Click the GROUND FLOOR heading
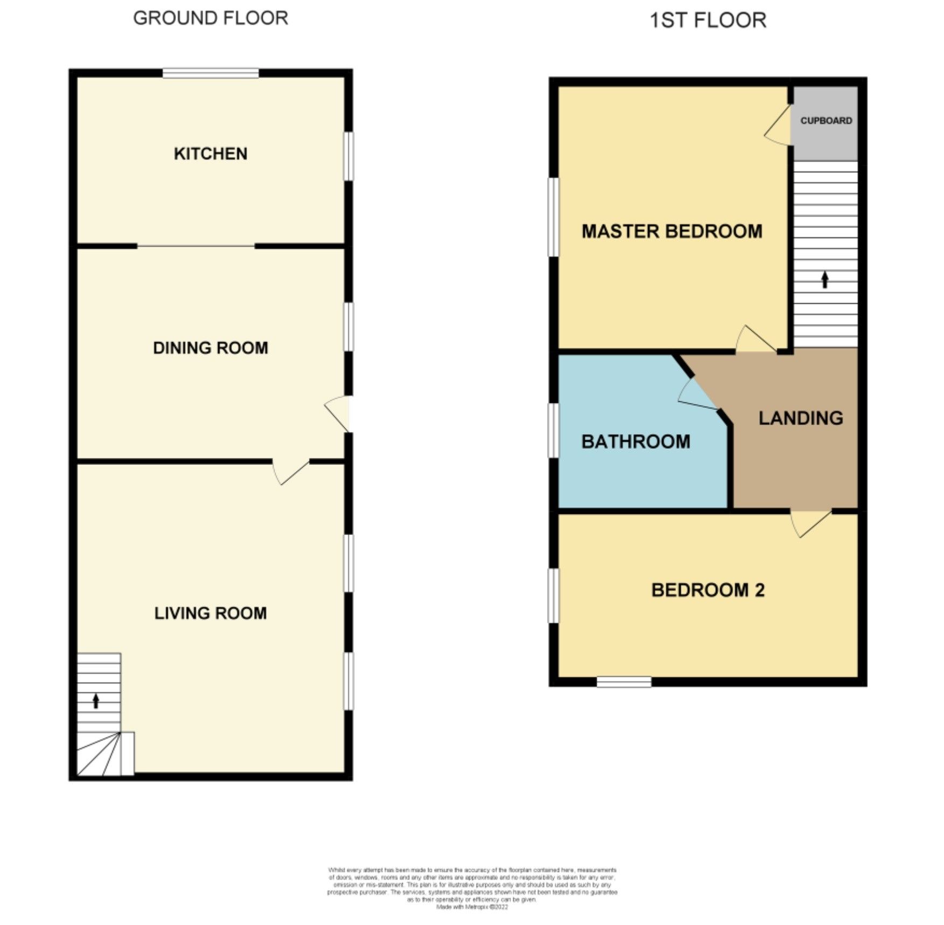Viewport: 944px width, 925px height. (211, 18)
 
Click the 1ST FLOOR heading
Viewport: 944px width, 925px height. (708, 20)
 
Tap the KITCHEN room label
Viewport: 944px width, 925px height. (211, 154)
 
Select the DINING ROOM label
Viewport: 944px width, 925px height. (211, 348)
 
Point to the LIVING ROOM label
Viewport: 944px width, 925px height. (211, 613)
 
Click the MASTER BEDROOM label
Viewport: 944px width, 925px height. (672, 232)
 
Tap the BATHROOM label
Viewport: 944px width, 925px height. (635, 442)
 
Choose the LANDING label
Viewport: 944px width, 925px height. (801, 418)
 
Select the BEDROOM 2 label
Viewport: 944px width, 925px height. (708, 590)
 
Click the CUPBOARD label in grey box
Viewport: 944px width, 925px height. (826, 121)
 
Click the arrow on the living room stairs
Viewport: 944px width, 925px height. (96, 701)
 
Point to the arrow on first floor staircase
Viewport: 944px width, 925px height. (825, 280)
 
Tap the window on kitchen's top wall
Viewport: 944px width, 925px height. (211, 73)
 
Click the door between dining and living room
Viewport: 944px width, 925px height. (291, 471)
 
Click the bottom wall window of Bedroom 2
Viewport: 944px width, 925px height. (624, 682)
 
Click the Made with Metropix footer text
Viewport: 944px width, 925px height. (472, 907)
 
